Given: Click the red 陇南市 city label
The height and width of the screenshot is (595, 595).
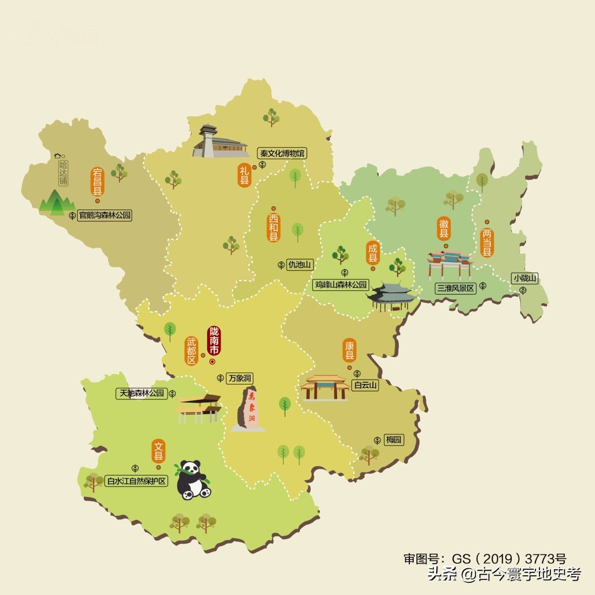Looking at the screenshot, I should (x=214, y=341).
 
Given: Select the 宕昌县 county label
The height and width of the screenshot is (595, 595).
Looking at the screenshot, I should (x=98, y=182).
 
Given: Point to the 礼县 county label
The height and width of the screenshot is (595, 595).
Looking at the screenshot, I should (x=244, y=175).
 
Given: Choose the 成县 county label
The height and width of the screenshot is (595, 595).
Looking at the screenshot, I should (x=373, y=252).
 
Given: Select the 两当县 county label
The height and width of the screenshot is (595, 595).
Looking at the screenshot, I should (x=487, y=242).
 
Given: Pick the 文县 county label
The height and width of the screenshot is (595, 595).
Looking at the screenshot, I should (x=159, y=451).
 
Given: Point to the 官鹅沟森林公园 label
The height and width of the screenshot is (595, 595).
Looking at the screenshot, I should (x=105, y=215).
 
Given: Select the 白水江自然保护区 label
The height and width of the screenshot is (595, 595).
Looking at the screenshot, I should (x=137, y=481).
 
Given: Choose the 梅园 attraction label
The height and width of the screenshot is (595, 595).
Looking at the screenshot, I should (x=394, y=440).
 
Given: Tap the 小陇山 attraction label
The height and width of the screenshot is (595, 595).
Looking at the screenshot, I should (x=525, y=278).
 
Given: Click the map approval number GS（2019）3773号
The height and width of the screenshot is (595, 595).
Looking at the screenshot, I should (x=485, y=559).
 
